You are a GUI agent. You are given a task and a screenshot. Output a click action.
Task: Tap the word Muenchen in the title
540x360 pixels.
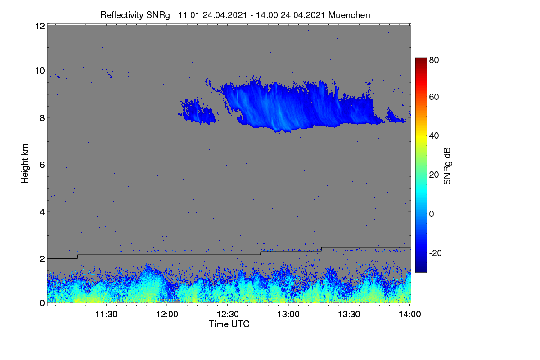tap(349, 15)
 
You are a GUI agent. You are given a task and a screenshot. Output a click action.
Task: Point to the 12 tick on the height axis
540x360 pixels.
tap(40, 26)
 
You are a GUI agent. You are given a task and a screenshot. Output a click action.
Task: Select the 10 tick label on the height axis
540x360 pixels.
tap(40, 71)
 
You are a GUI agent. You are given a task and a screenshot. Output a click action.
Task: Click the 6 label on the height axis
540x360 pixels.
tap(42, 165)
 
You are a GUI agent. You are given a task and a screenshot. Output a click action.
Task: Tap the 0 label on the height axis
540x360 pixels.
tap(42, 303)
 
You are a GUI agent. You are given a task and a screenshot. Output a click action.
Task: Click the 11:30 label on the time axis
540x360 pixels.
tap(106, 314)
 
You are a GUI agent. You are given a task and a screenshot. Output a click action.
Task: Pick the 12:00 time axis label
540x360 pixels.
tap(167, 314)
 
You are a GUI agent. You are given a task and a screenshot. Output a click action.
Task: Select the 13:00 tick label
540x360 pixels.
tap(288, 314)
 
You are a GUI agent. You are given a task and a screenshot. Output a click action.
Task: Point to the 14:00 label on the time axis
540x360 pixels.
tap(410, 314)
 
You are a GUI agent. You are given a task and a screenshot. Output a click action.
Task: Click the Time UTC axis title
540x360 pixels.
tap(229, 324)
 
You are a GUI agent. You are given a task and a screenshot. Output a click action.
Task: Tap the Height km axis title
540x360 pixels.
tap(25, 164)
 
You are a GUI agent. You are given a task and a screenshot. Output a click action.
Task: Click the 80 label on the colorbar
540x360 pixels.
tap(434, 60)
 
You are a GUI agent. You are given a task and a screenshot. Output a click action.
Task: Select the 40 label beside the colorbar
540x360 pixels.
tap(434, 136)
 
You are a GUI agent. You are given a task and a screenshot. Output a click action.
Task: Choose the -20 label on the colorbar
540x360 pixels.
tap(436, 253)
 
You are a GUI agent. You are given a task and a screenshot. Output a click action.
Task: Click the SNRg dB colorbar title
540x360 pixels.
tap(447, 166)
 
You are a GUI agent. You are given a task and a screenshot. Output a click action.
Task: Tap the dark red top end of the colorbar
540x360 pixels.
tap(421, 59)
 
